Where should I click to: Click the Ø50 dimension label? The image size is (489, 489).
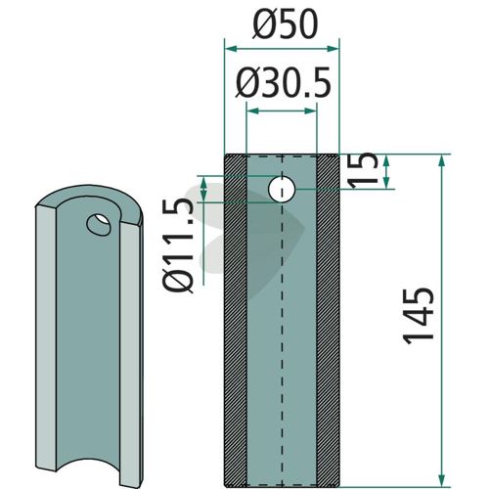pyautogui.click(x=285, y=25)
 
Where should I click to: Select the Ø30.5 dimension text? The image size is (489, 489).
pyautogui.click(x=284, y=83)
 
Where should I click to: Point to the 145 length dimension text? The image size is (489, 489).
pyautogui.click(x=419, y=316)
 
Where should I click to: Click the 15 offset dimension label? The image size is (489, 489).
pyautogui.click(x=364, y=170)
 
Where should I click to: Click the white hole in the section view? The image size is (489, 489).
pyautogui.click(x=282, y=189)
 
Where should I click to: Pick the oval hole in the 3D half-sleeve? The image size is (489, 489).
pyautogui.click(x=99, y=225)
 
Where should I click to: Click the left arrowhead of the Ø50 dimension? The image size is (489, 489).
pyautogui.click(x=231, y=49)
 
